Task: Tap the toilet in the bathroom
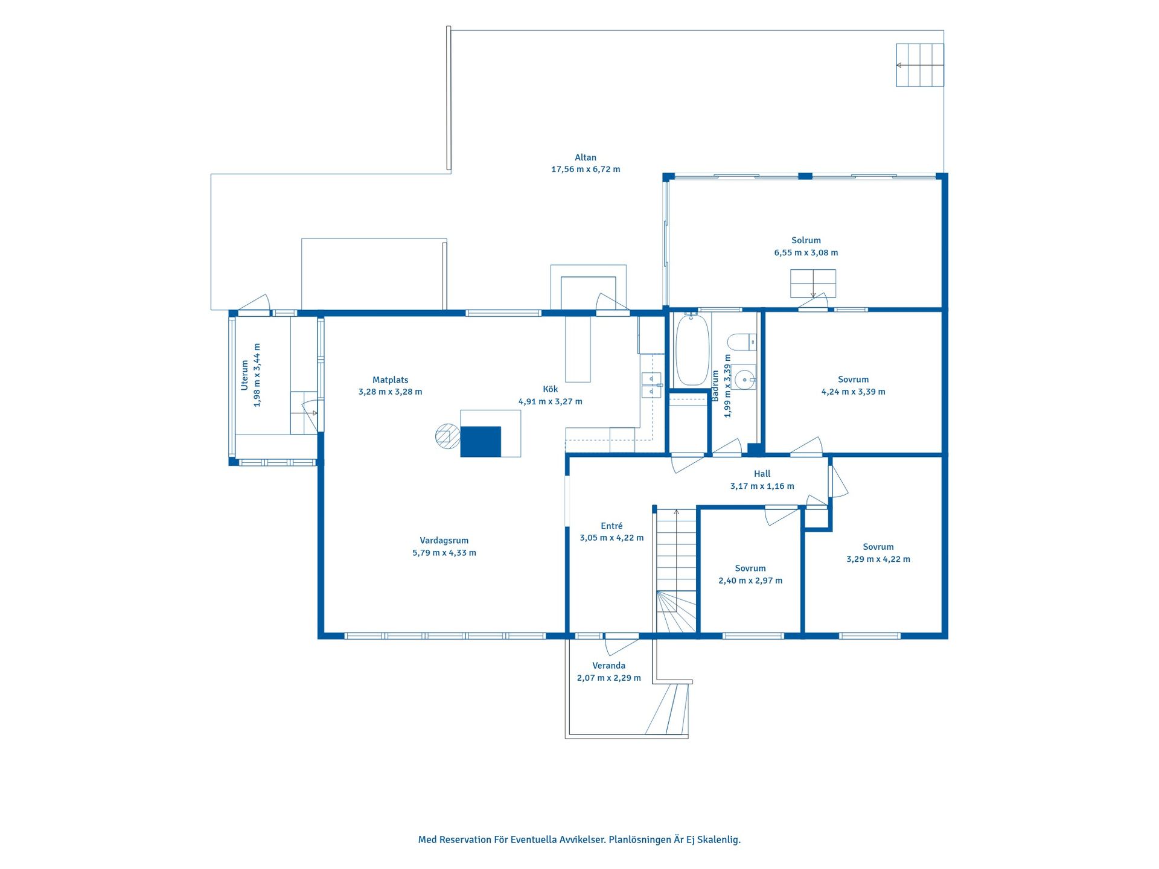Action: click(x=742, y=342)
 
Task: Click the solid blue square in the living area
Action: click(x=481, y=442)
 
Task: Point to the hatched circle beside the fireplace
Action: click(x=448, y=436)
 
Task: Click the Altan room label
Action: click(x=586, y=158)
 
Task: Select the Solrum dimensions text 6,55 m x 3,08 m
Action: click(x=806, y=253)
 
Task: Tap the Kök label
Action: click(x=550, y=389)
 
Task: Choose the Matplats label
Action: click(x=390, y=380)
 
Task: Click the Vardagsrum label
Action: click(x=444, y=541)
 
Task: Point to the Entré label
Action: click(x=611, y=526)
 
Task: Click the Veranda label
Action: click(x=608, y=666)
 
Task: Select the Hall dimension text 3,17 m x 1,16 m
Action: click(x=762, y=486)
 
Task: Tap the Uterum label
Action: click(x=244, y=375)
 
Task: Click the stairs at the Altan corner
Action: click(x=919, y=65)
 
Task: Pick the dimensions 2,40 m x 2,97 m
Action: click(x=750, y=581)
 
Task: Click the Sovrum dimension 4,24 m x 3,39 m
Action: click(x=853, y=392)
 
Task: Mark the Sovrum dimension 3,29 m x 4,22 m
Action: click(x=878, y=559)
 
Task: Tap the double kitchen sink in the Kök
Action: click(x=651, y=386)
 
